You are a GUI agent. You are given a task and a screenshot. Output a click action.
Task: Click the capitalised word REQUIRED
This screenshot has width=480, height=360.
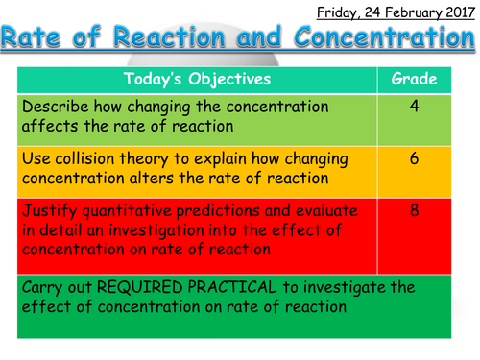point(156,287)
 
